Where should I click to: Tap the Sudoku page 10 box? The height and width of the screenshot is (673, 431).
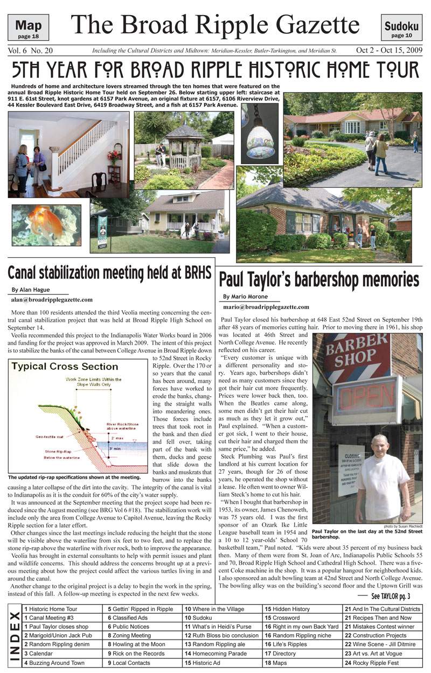pyautogui.click(x=401, y=27)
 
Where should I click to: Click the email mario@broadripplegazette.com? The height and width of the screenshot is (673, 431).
pyautogui.click(x=266, y=307)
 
